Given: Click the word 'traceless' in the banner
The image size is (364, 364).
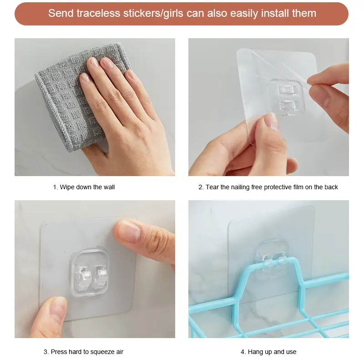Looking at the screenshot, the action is [x=98, y=13].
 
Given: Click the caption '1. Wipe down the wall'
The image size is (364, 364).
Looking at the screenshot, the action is [x=84, y=187].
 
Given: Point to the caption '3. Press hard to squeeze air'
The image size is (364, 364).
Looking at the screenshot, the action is [x=83, y=352].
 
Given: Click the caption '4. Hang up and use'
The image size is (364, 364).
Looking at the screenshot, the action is [x=268, y=352].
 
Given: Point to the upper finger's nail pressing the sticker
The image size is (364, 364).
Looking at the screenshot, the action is [x=129, y=231].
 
